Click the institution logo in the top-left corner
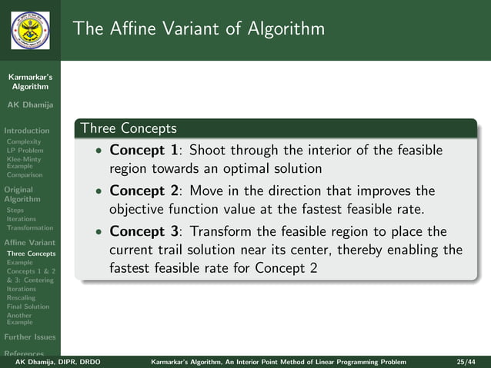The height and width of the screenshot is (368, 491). coord(30,30)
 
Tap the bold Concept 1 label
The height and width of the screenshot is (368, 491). coord(144,150)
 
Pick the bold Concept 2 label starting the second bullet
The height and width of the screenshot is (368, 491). coord(144,191)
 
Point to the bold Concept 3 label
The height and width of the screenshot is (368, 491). coord(144,231)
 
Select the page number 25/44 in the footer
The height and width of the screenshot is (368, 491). coord(465,360)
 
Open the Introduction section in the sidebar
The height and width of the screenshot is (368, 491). coord(27,131)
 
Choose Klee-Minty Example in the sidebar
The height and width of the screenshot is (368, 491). coord(24,161)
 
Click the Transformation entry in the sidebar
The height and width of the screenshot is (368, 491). coord(29,227)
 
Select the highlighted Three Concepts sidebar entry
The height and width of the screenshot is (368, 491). coord(31,254)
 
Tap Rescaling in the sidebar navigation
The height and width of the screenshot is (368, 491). coord(21,297)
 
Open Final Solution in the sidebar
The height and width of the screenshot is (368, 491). coord(27,307)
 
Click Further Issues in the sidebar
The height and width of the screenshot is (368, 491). coord(28,337)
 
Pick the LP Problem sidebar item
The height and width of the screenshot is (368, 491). coord(25,151)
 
